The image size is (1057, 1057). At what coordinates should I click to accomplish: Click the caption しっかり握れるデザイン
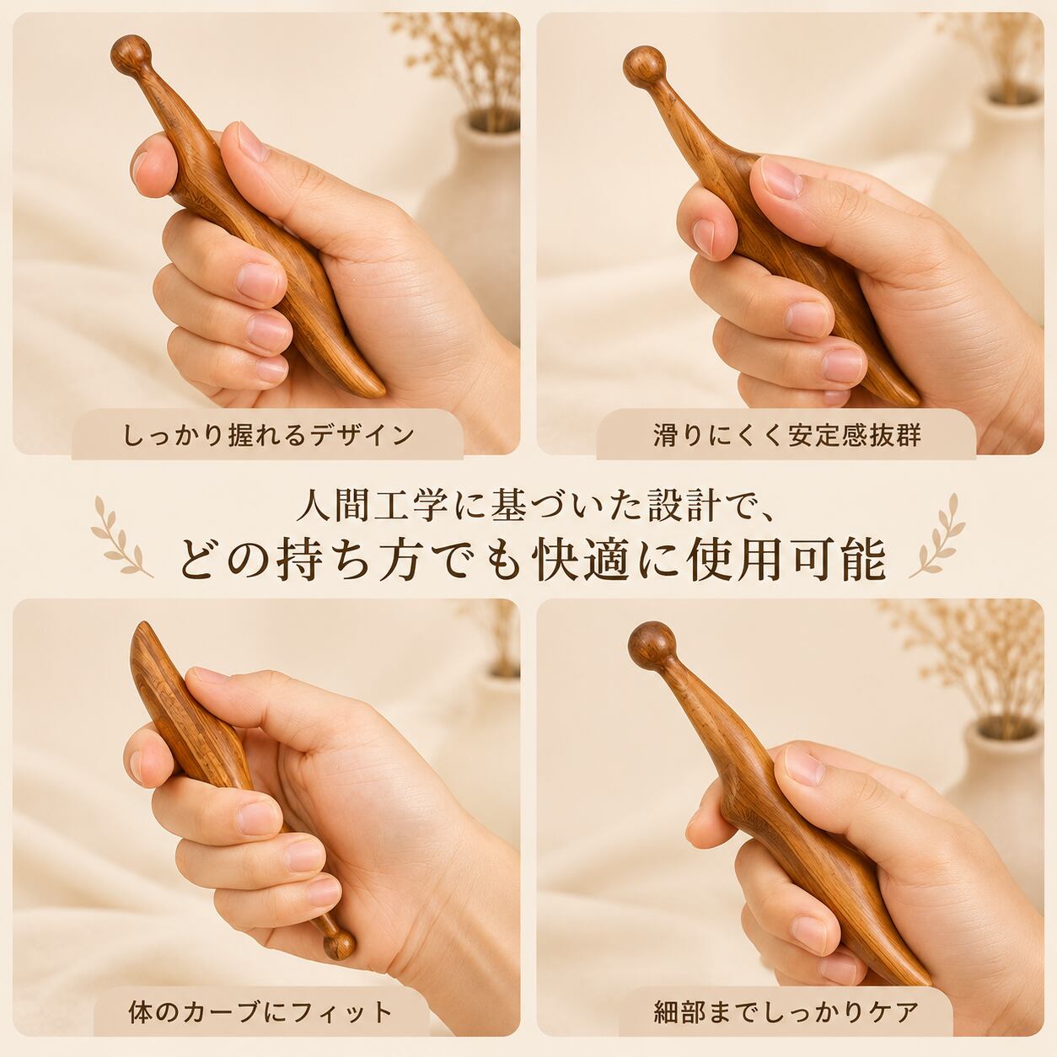[x=268, y=436]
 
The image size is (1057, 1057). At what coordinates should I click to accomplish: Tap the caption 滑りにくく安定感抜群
[x=787, y=436]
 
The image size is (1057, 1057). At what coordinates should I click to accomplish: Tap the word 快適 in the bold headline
[x=582, y=560]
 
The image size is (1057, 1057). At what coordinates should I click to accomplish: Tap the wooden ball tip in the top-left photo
[x=131, y=55]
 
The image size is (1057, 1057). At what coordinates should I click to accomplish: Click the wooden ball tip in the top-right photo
[x=644, y=68]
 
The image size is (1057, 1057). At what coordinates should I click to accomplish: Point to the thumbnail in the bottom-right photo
[x=804, y=765]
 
